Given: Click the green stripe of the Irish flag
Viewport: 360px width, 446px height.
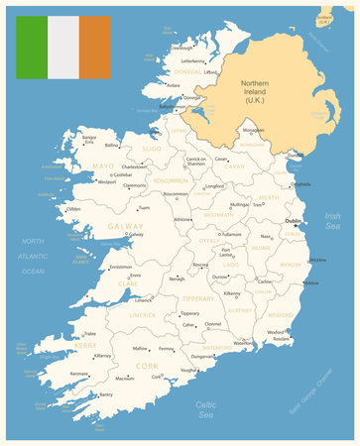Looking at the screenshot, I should pos(32,47).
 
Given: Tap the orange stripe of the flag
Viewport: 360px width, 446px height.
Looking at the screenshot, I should pos(95,47).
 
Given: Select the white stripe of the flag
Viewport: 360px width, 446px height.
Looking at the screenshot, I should pos(63,47).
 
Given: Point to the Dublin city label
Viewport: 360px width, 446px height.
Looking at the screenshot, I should pos(293,221).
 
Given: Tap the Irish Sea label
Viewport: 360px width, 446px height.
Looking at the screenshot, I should pos(332,221).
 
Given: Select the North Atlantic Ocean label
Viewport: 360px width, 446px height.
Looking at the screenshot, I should pos(33,256).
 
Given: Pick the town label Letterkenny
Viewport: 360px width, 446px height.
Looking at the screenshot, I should pos(192,60).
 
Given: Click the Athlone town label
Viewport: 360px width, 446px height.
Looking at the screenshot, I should pos(155,219).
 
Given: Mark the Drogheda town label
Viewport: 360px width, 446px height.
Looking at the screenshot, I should pos(300,183).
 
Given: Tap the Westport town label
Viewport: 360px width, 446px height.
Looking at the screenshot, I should pos(107,181).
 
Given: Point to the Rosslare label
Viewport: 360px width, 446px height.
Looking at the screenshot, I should pos(282,339).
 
